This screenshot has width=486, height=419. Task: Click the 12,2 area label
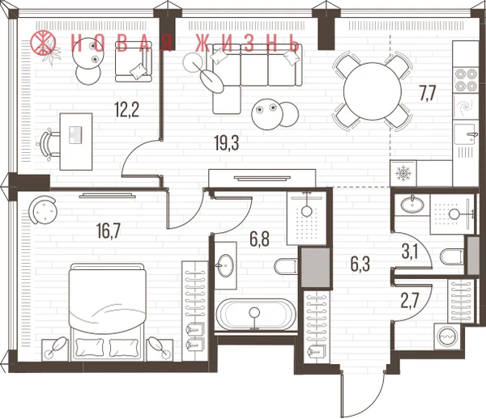pos(126,110)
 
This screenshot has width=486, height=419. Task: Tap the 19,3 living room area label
pos(227,143)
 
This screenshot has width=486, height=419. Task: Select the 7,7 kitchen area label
pos(428,94)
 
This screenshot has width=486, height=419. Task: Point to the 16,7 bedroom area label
pos(108,231)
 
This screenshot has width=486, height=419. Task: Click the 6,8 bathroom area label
pos(259,239)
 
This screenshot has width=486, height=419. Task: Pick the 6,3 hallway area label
pos(360,265)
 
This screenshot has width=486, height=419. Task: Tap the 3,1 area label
pos(410,252)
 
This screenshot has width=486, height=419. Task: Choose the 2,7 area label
pos(410,301)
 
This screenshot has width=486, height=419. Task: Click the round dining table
pos(373,91)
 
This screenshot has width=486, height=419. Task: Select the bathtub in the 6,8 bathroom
pos(256,315)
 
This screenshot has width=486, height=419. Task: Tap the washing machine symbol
pos(447,336)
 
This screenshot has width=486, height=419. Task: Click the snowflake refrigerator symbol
pos(403,173)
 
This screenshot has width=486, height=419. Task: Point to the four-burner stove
pos(465,80)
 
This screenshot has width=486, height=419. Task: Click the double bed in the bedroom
pos(108,312)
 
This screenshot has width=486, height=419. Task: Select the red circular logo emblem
pos(43,42)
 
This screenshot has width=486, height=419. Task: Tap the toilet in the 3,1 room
pos(452,256)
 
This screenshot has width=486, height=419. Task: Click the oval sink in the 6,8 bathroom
pos(226,265)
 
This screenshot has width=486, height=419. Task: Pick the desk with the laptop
pos(76,142)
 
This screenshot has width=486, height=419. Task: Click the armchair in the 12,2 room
pos(134,62)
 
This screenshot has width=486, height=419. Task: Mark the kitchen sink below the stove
pos(465,133)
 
